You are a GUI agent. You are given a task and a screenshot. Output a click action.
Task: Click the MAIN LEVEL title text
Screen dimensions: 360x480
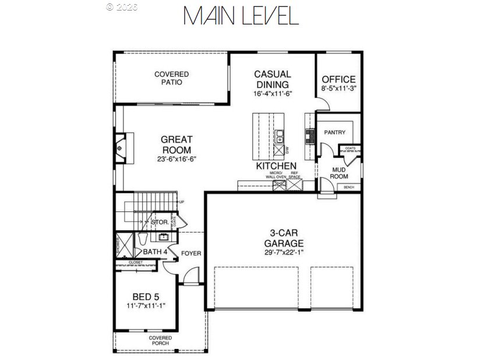tap(241, 16)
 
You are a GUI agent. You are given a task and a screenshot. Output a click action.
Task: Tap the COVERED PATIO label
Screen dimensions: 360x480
tap(171, 78)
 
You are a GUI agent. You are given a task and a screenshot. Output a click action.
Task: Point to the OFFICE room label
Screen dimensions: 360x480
tap(338, 80)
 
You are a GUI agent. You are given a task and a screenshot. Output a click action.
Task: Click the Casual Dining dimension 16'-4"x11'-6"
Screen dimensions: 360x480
tap(272, 93)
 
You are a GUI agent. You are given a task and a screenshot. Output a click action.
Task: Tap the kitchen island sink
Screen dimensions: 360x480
tap(280, 137)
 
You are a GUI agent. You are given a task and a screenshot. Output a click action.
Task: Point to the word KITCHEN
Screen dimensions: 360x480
tap(277, 167)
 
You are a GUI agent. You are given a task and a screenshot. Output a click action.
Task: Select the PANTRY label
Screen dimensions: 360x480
tap(334, 132)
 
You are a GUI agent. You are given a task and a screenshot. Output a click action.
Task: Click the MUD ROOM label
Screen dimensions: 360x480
tap(340, 172)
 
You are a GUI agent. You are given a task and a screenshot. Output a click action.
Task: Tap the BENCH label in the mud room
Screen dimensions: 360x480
tap(349, 187)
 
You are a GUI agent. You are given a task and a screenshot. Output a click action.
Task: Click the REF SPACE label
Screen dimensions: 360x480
tap(295, 175)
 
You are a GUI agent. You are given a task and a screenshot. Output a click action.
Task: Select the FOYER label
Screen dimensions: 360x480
tap(191, 253)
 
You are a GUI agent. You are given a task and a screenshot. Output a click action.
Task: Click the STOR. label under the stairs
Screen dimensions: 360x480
tap(160, 222)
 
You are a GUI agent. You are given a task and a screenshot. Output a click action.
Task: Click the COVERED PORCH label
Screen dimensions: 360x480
tap(160, 340)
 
